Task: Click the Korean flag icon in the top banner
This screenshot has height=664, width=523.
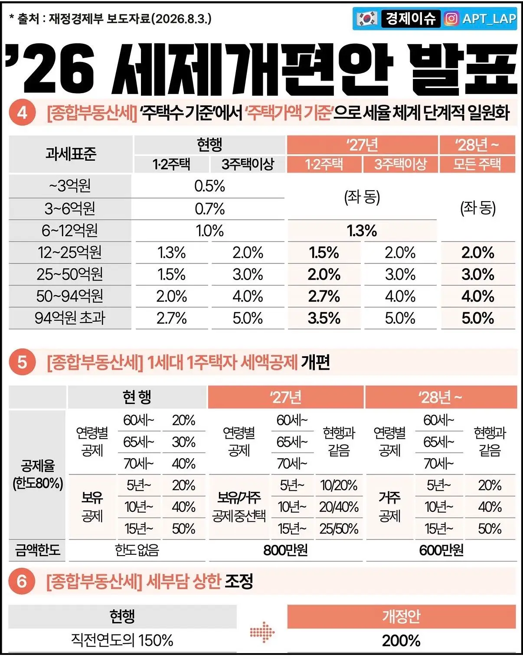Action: coord(366,19)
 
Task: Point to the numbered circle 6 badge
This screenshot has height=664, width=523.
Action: coord(22,581)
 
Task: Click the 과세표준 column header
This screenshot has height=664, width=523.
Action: coord(71,153)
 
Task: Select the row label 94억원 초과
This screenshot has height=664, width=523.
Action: coord(70,318)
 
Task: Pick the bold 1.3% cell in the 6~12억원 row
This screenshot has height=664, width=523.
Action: coord(362,231)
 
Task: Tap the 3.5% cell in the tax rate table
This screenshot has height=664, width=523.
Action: coord(324,318)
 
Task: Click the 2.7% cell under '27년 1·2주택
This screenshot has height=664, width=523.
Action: coord(324,296)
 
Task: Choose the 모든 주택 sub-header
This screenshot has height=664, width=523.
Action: coord(477,164)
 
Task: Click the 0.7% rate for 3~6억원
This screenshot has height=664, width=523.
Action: coord(209,209)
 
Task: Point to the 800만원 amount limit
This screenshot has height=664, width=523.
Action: coord(285,550)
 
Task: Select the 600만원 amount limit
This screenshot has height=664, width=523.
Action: coord(441,550)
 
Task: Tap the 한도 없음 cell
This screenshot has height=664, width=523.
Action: coord(137,550)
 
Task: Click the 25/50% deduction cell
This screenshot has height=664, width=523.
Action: coord(339,528)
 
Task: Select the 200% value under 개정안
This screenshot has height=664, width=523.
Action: coord(401,641)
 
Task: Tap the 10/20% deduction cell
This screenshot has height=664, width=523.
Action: coord(339,485)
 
